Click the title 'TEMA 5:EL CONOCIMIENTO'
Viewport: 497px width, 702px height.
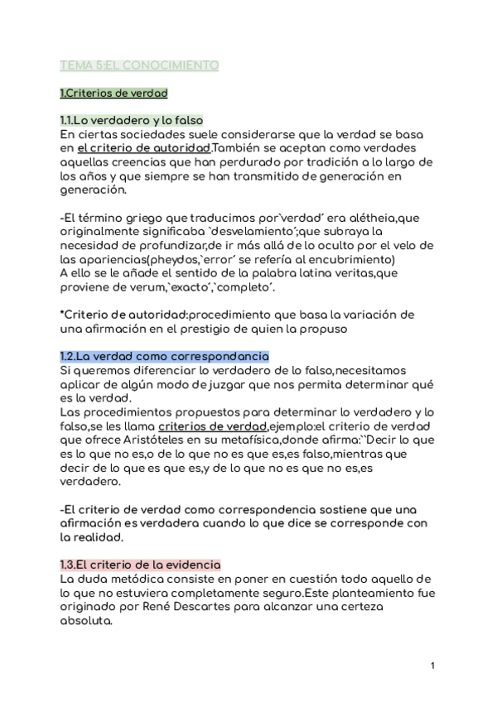coord(139,64)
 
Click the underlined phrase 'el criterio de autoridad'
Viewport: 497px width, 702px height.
coord(142,147)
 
